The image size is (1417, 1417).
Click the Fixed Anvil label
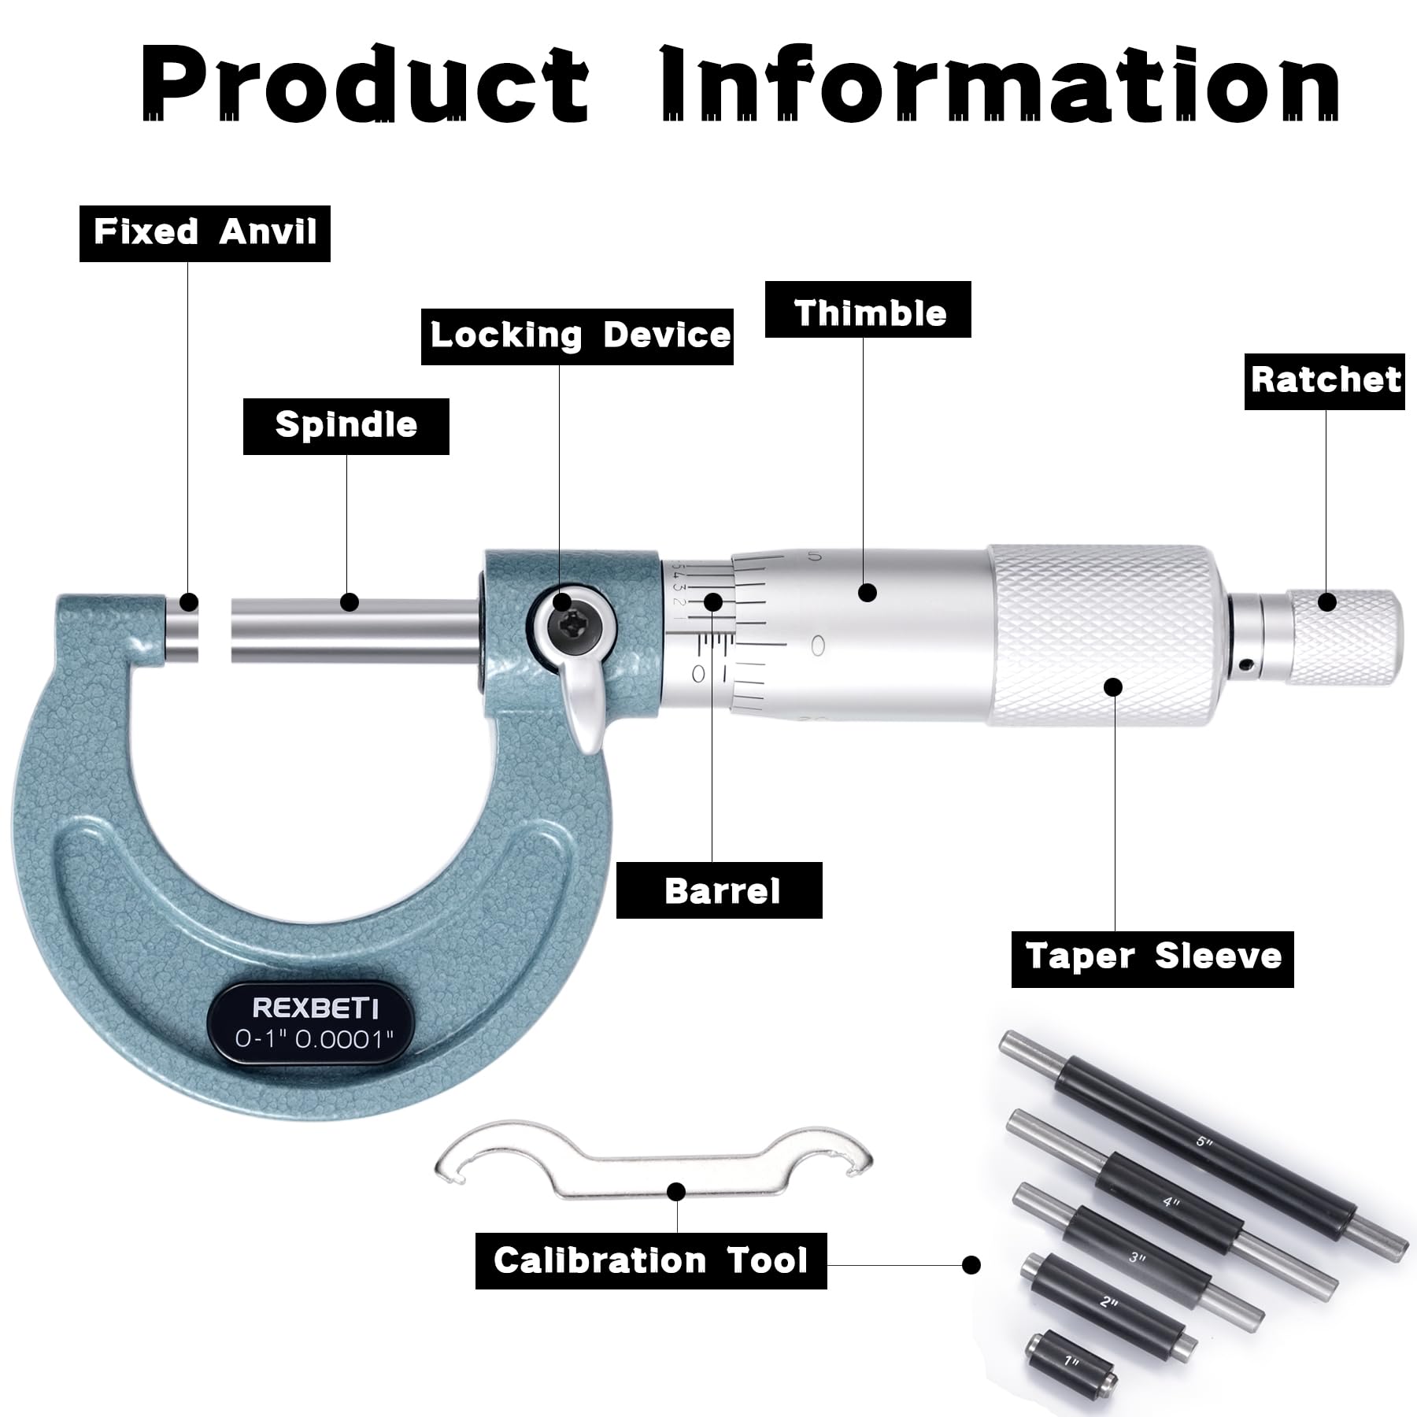(205, 233)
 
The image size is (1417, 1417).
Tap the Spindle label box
(346, 426)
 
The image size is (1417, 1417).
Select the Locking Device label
(577, 336)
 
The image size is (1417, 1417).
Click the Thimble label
(868, 314)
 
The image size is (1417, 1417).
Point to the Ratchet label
(1324, 381)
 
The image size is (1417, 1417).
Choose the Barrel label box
(719, 890)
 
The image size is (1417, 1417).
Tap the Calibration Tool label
(650, 1260)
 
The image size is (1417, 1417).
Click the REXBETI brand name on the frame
(315, 1008)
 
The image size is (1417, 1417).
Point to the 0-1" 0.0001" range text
(315, 1039)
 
